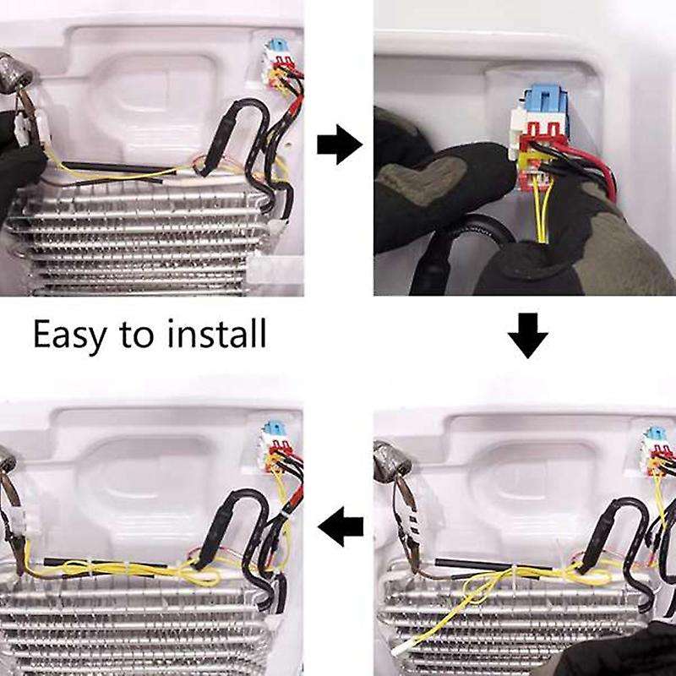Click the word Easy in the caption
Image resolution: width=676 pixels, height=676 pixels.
click(x=70, y=335)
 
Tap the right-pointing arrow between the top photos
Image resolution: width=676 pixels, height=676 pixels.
click(x=339, y=146)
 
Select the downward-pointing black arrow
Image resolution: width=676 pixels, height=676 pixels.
click(x=528, y=338)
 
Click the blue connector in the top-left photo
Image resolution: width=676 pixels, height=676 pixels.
click(x=275, y=50)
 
